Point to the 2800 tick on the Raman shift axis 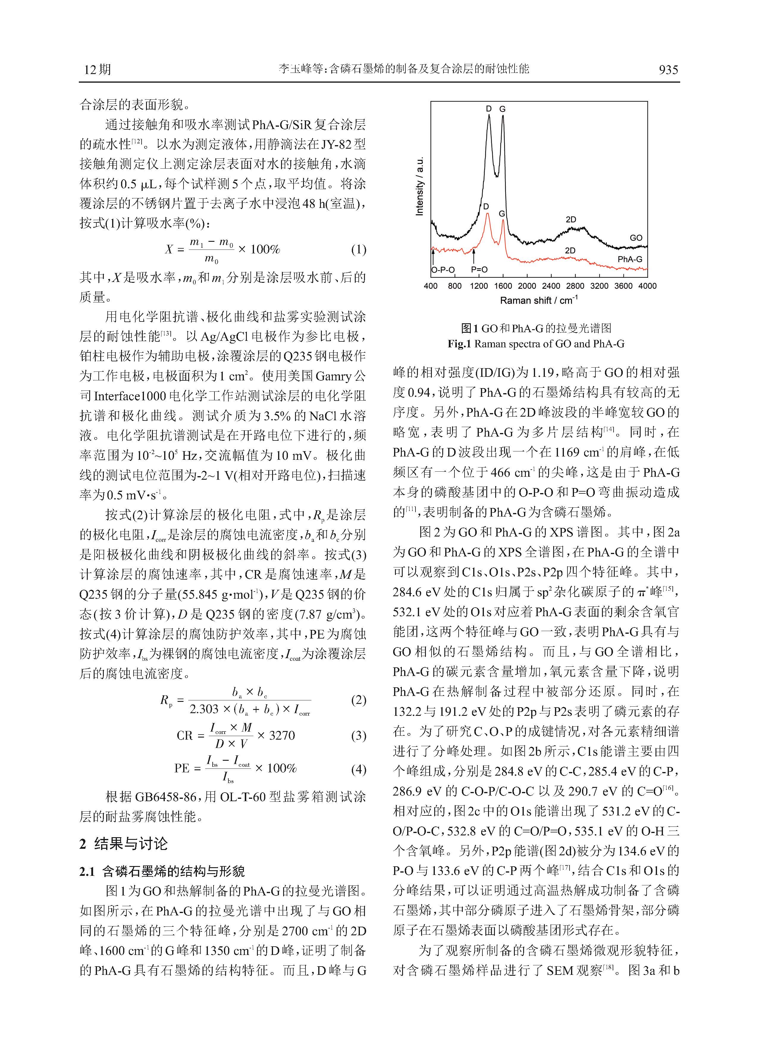(575, 286)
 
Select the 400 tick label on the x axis (430, 286)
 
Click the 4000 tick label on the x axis (647, 286)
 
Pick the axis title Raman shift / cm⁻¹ (538, 300)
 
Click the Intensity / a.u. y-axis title (419, 186)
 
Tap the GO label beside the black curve (636, 238)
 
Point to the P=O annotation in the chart (479, 270)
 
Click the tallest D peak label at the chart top (489, 109)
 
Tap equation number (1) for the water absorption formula (358, 250)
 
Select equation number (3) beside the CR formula (358, 735)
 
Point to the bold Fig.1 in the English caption (460, 343)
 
